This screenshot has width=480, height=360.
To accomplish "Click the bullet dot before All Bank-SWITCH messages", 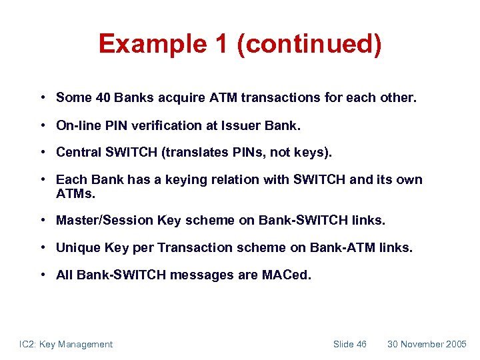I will point(42,275).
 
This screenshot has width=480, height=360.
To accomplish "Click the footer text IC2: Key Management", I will point(65,344).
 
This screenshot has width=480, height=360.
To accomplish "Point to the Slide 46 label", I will point(349,344).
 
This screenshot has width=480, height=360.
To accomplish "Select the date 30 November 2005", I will point(427,344).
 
